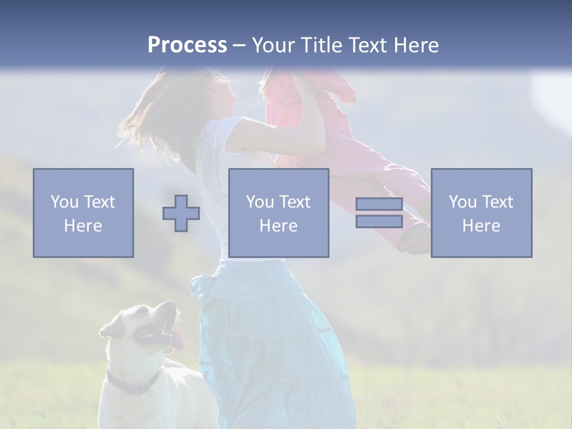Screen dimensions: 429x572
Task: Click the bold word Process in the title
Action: [x=187, y=45]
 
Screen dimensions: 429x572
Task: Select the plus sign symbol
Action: [x=181, y=213]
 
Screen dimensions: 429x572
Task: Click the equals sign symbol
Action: [x=379, y=213]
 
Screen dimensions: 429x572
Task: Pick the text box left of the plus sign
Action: [x=83, y=213]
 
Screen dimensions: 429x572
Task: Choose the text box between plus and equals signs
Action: [x=279, y=213]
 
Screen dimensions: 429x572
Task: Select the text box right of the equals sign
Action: [x=481, y=213]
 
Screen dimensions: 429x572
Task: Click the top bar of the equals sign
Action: [x=379, y=204]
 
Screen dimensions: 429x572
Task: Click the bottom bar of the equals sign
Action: [x=379, y=221]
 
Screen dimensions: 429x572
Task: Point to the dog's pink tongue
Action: [x=179, y=340]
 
